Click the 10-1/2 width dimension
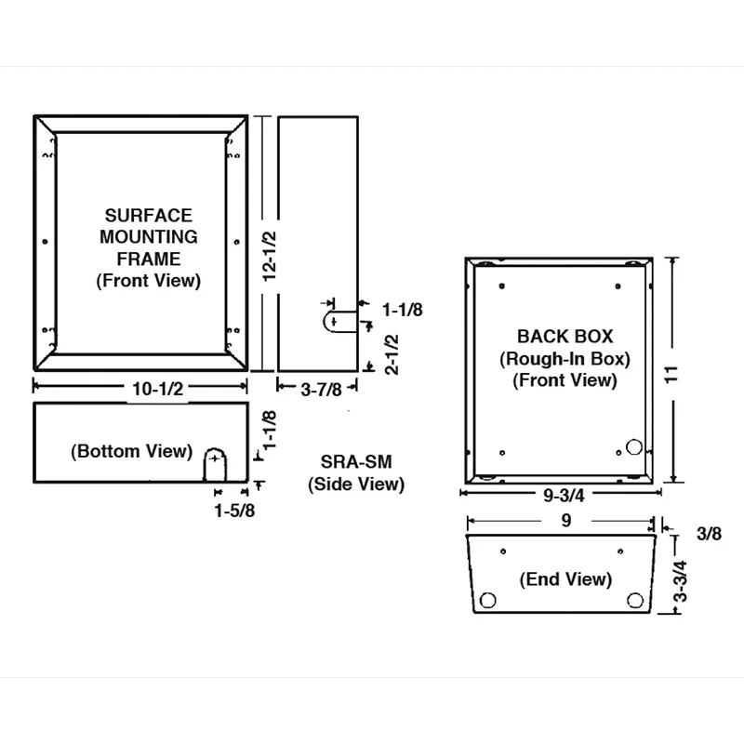(x=157, y=389)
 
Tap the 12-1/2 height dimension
(x=269, y=257)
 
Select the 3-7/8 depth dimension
(x=321, y=390)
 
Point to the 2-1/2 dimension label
(x=392, y=354)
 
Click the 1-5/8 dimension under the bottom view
(x=234, y=511)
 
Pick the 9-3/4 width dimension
(x=564, y=496)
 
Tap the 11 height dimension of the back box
(x=671, y=375)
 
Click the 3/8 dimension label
(x=709, y=534)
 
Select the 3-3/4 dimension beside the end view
(x=681, y=581)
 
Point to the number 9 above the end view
(x=566, y=521)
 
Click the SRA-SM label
(x=356, y=461)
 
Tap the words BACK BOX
(x=565, y=337)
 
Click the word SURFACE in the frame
(x=149, y=216)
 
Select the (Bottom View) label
(x=131, y=451)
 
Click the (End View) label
(x=565, y=578)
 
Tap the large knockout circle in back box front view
(x=634, y=447)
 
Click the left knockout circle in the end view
(x=487, y=600)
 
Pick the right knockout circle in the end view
(x=635, y=600)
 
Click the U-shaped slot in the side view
(x=324, y=321)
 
